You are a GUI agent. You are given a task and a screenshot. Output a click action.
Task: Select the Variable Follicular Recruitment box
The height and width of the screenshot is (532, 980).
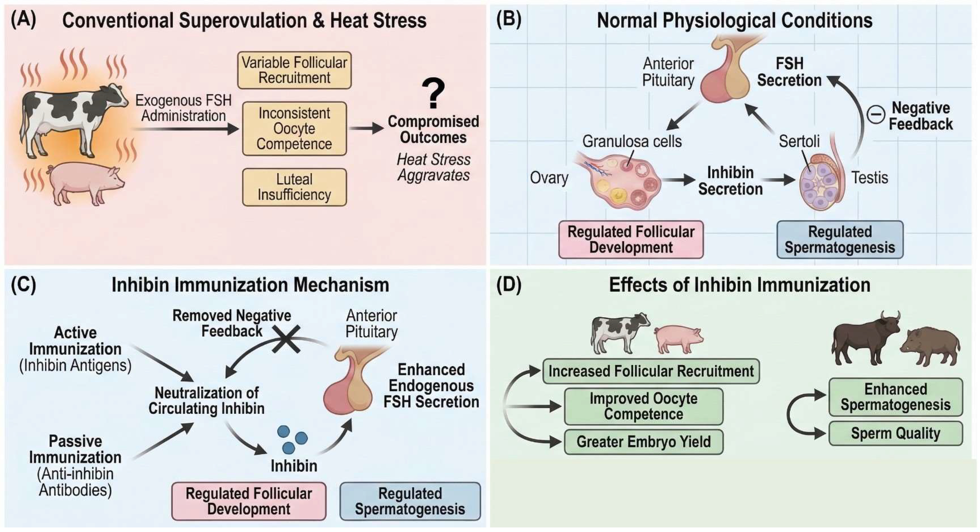294,70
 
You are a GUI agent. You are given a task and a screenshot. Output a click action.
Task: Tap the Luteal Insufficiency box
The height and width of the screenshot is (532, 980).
294,187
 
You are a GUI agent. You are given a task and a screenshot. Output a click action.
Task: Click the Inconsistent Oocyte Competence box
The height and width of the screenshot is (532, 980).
294,129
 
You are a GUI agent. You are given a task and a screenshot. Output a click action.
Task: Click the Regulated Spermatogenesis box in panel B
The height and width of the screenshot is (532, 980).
840,240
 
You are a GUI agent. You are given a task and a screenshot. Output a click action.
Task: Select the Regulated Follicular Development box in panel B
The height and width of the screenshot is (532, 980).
631,240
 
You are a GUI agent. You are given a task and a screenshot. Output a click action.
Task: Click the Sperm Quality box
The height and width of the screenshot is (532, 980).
896,433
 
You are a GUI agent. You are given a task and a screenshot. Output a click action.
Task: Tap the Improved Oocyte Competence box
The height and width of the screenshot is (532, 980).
643,406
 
